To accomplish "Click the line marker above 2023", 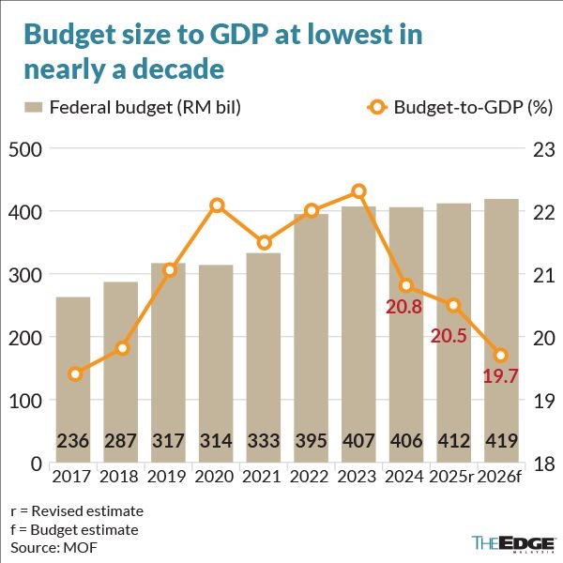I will (358, 191).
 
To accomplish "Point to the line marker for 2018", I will (121, 349).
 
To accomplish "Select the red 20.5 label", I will (449, 337).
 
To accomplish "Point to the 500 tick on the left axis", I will (25, 149).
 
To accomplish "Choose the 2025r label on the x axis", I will (451, 477).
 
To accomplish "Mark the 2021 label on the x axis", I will (263, 477).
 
